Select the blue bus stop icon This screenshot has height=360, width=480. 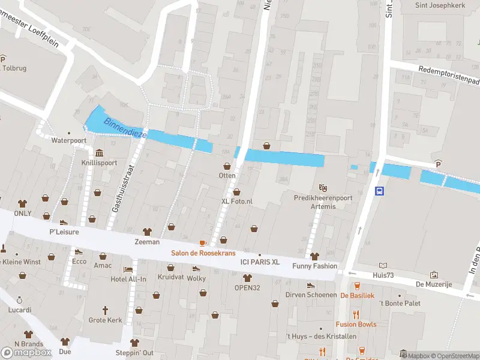[379, 191]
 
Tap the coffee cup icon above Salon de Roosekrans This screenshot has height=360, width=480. [202, 242]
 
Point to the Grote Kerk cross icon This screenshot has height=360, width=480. [105, 310]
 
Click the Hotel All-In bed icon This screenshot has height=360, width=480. [127, 269]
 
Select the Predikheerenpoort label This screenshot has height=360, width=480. [323, 197]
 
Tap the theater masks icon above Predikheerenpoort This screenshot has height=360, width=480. [323, 188]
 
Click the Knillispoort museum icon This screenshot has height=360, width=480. [98, 152]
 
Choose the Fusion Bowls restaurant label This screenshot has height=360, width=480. [356, 324]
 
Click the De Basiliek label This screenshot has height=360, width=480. [357, 295]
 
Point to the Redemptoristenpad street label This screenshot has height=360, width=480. [450, 75]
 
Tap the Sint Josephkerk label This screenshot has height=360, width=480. [441, 5]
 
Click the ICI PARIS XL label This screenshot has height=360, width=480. [260, 262]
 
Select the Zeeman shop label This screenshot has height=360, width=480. [147, 242]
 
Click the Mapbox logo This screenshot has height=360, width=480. [26, 352]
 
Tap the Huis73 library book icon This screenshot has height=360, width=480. [383, 265]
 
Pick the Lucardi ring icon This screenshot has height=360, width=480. [19, 299]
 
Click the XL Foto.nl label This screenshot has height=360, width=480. [237, 202]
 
